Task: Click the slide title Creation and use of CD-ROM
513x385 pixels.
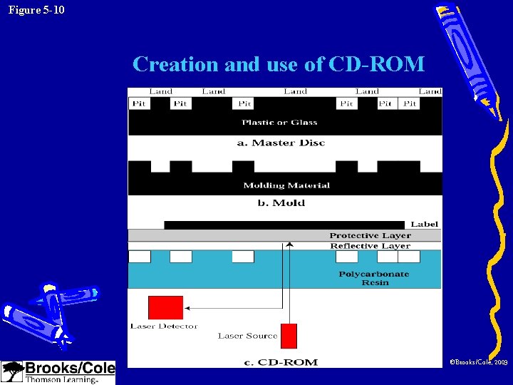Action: pyautogui.click(x=279, y=64)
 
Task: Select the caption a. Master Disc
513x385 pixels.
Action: pyautogui.click(x=281, y=143)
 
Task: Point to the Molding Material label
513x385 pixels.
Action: pyautogui.click(x=286, y=185)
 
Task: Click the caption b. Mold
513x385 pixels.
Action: pyautogui.click(x=281, y=203)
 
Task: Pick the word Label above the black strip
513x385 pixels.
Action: pyautogui.click(x=424, y=224)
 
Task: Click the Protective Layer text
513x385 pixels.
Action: pyautogui.click(x=370, y=235)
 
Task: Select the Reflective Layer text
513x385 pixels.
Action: pyautogui.click(x=370, y=246)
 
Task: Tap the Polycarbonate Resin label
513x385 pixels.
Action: pyautogui.click(x=374, y=278)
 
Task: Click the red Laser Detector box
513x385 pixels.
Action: pyautogui.click(x=165, y=307)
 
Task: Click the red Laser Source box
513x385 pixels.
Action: pyautogui.click(x=289, y=336)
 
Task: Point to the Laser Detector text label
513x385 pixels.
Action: pyautogui.click(x=164, y=327)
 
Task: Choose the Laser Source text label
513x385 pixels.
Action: pyautogui.click(x=247, y=336)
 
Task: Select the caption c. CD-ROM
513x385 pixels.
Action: pyautogui.click(x=281, y=362)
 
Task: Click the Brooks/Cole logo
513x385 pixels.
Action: pyautogui.click(x=58, y=372)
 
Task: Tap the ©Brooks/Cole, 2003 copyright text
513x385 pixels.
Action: pyautogui.click(x=478, y=363)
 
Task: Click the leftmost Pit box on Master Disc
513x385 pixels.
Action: pyautogui.click(x=140, y=103)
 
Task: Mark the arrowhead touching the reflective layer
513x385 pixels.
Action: pyautogui.click(x=289, y=245)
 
